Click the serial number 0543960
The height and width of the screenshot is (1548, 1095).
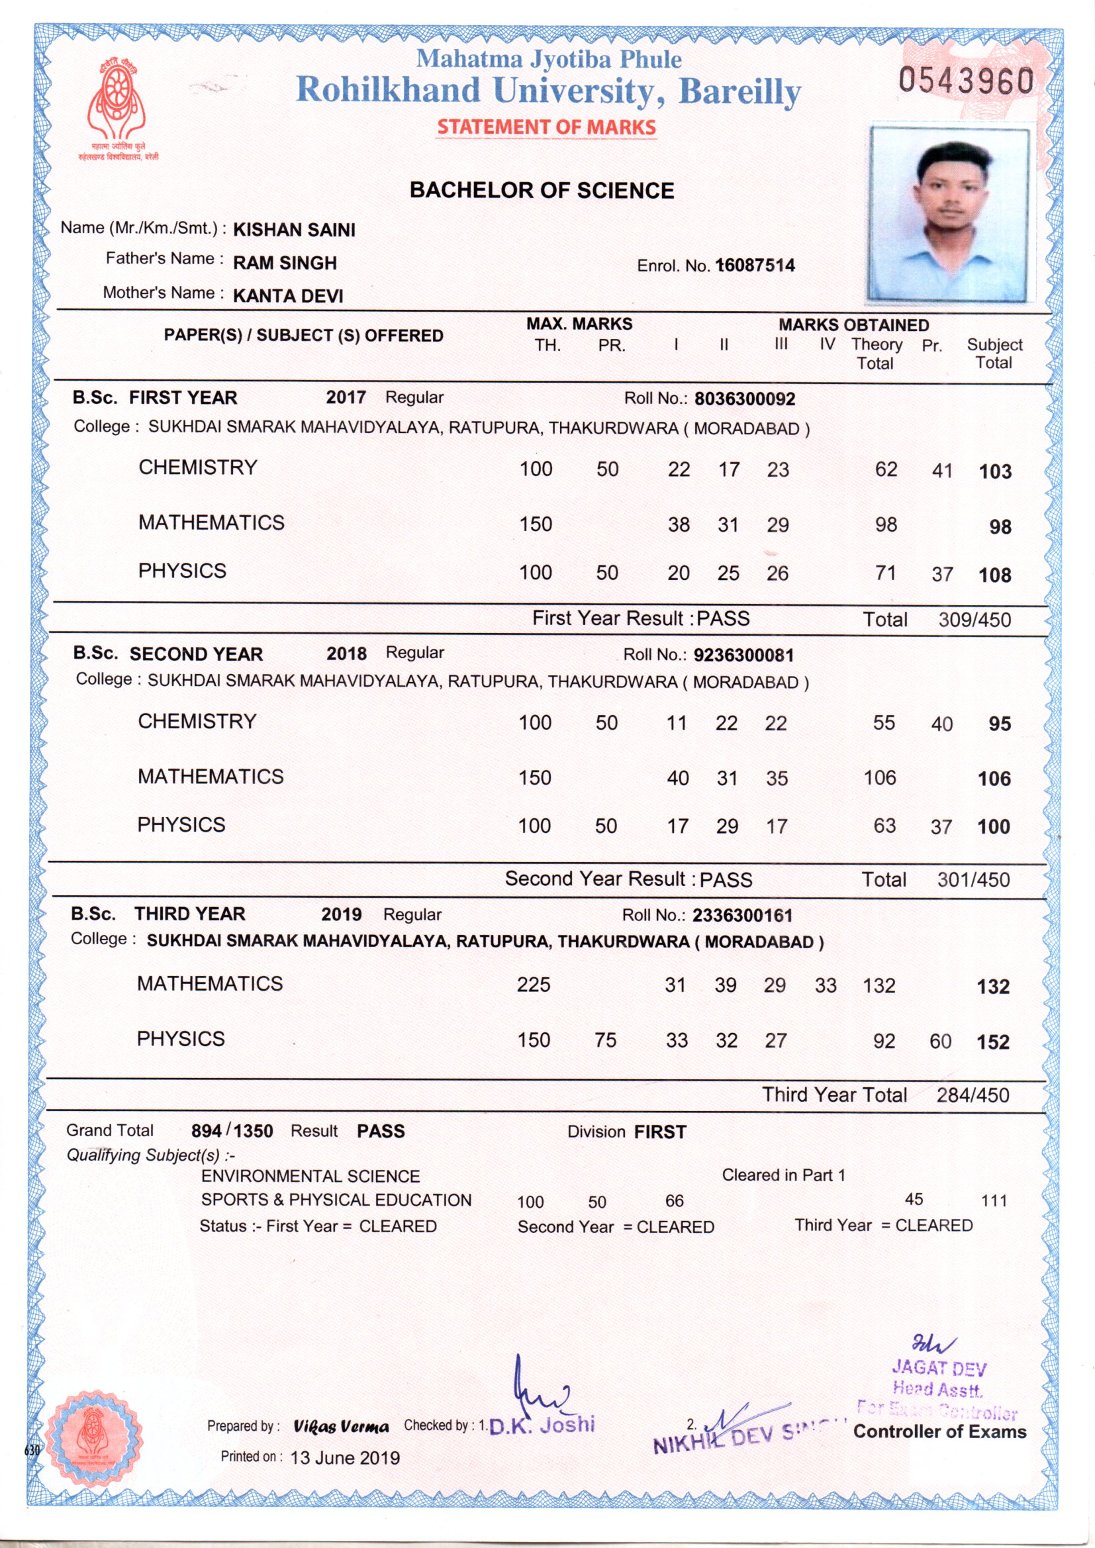coord(965,81)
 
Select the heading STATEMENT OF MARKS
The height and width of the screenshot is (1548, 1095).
coord(546,126)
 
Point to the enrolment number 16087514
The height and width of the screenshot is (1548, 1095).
coord(755,266)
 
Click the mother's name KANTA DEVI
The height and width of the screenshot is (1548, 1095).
coord(288,296)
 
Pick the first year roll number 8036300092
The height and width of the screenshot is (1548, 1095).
coord(744,399)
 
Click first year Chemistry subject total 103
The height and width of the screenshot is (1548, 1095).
coord(994,471)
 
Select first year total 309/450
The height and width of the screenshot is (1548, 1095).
coord(975,620)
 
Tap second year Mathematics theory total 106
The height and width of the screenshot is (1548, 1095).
coord(879,778)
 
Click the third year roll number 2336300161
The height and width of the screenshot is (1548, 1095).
coord(742,916)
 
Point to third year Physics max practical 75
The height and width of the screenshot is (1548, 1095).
coord(605,1040)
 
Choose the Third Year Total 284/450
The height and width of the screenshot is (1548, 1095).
coord(973,1095)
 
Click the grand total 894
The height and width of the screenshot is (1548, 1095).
coord(207,1131)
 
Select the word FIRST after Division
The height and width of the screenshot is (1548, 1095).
coord(660,1132)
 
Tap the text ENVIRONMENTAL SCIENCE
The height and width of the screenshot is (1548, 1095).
coord(310,1177)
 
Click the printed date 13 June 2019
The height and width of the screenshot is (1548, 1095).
coord(344,1458)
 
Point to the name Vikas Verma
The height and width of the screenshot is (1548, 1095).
coord(341,1427)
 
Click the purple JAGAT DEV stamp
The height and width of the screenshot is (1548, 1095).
coord(939,1369)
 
